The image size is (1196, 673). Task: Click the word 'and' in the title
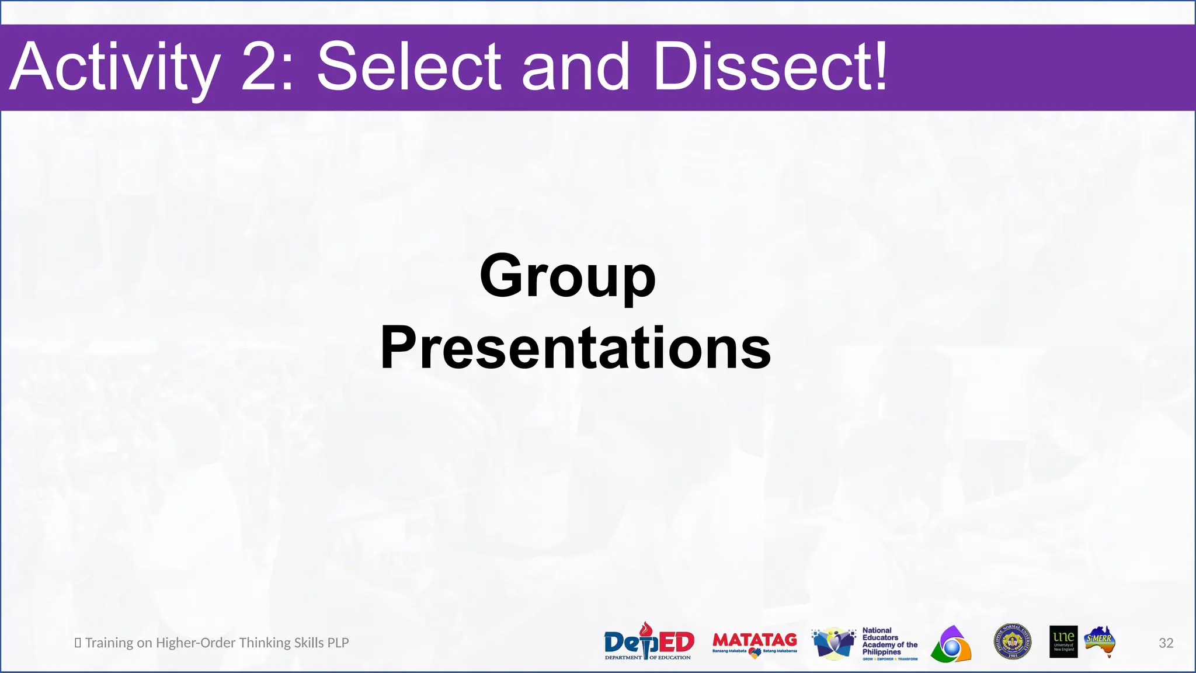coord(575,67)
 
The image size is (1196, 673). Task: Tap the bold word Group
coord(568,276)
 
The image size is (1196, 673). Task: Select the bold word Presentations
coord(575,348)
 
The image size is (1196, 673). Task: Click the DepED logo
coord(649,642)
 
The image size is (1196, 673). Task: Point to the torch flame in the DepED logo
coord(646,629)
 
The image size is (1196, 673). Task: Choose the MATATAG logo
coord(755,643)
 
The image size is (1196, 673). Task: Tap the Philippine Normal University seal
coord(1013,641)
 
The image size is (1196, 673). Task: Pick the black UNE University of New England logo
coord(1063,641)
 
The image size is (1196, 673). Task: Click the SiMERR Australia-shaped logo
coord(1100,641)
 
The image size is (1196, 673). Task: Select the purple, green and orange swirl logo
coord(951,644)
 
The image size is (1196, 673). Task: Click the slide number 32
coord(1166,643)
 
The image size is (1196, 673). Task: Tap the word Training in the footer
coord(109,643)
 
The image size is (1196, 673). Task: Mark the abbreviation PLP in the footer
coord(338,643)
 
